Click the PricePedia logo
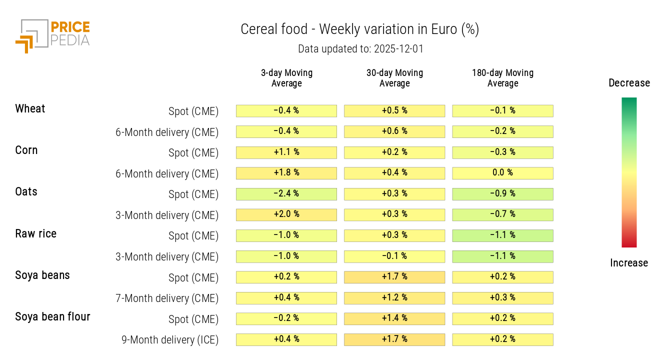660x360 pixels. [52, 35]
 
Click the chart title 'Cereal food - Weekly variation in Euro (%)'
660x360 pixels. [359, 29]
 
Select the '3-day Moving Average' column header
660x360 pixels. [286, 78]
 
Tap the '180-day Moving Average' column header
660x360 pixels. [502, 78]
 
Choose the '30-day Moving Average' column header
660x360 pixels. [394, 78]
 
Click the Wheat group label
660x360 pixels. [30, 109]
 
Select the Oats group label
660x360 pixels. [26, 192]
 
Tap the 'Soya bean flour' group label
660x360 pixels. [52, 316]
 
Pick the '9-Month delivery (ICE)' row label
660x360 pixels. [170, 340]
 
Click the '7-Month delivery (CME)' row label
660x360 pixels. [167, 298]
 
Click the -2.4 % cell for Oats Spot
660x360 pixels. [286, 194]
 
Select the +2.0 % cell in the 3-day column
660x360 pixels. [286, 214]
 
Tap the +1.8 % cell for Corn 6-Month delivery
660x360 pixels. [286, 173]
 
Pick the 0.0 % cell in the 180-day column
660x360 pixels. [502, 173]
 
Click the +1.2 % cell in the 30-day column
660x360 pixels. [394, 298]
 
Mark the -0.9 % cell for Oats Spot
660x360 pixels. [502, 194]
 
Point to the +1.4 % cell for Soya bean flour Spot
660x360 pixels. [394, 318]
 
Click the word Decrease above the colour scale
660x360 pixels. [629, 83]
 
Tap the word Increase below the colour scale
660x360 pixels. [629, 263]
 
